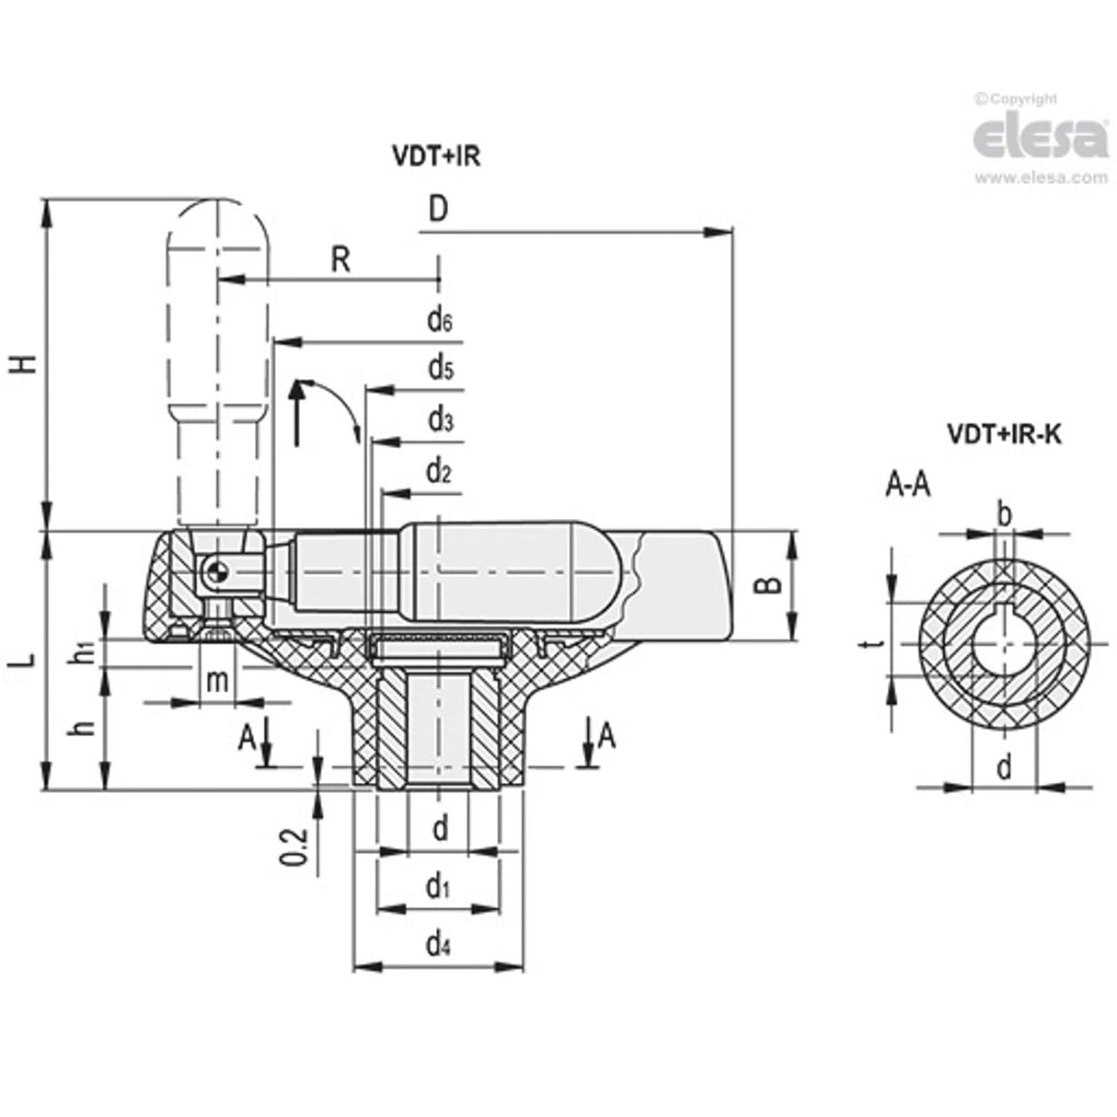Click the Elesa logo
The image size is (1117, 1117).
click(1040, 138)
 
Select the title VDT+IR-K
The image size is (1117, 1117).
click(1004, 434)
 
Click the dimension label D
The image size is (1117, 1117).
click(438, 210)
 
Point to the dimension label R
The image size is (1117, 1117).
click(340, 260)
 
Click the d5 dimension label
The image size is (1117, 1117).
click(439, 369)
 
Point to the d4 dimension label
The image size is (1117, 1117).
click(439, 943)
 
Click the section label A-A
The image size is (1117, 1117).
click(907, 484)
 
